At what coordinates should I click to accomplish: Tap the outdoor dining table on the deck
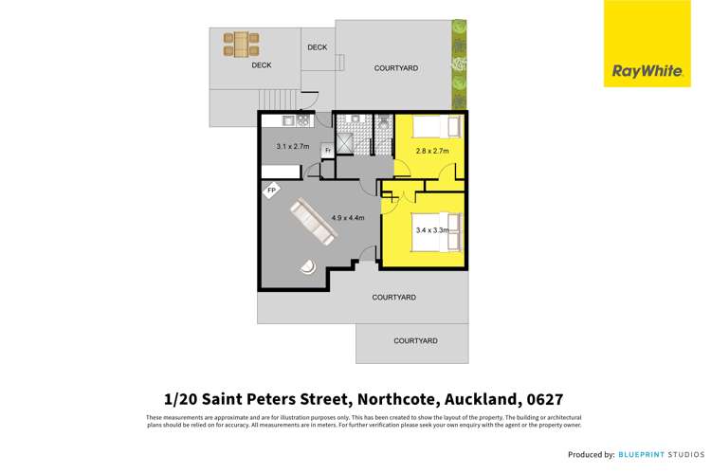click(241, 44)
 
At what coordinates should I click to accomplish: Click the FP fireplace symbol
click(271, 191)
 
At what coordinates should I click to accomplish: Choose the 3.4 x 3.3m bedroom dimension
click(432, 228)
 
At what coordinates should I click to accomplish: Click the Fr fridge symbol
click(327, 151)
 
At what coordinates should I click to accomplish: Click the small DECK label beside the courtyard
click(318, 47)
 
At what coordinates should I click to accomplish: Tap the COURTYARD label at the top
click(396, 68)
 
